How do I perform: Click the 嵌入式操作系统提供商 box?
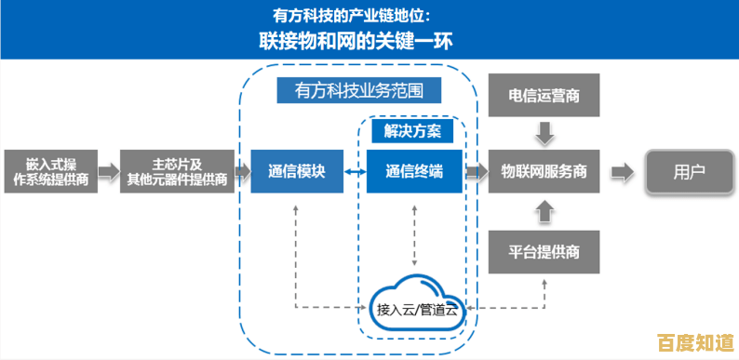49,171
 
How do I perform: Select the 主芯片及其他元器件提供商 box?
177,171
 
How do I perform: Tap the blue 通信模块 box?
296,171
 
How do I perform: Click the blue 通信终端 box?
413,171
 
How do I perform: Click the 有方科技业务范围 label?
358,91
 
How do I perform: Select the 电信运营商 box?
544,96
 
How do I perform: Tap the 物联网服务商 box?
544,171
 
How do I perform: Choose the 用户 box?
688,171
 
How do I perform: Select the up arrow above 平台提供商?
544,213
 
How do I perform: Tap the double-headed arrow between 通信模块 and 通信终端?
354,172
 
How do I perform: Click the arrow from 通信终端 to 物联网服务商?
477,171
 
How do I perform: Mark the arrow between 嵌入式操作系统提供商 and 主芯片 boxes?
109,171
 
